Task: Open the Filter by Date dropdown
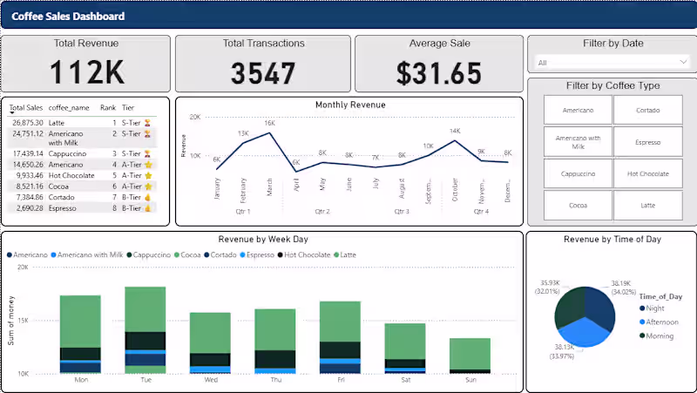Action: [612, 63]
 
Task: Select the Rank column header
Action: [107, 107]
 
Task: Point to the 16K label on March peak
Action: [269, 124]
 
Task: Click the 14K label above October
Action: [454, 132]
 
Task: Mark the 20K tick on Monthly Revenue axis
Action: [196, 117]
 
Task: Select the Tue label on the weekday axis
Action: [145, 381]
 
